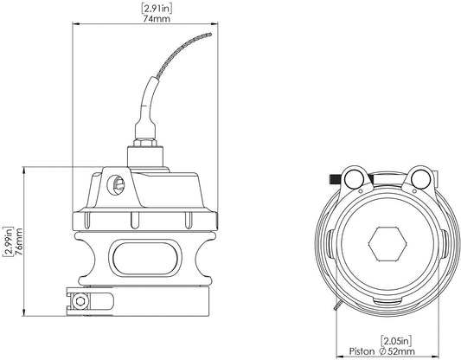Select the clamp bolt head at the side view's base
coord(80,301)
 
